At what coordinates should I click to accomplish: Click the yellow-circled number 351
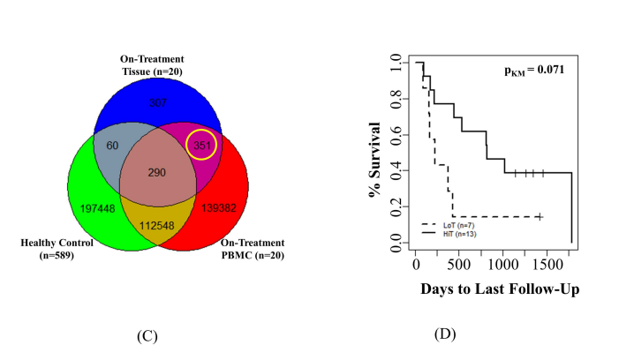point(205,146)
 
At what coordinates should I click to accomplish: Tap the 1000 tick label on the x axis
point(502,264)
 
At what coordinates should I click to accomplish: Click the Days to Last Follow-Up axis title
point(499,289)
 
